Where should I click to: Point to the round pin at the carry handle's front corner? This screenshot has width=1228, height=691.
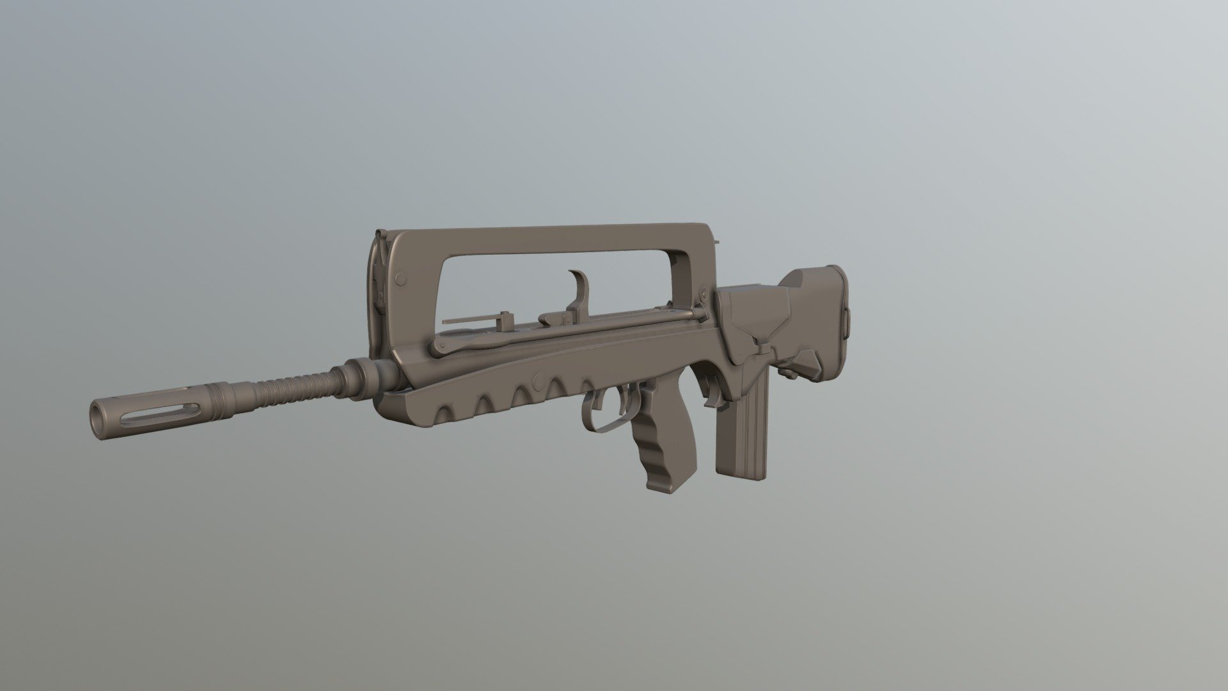click(x=402, y=279)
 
